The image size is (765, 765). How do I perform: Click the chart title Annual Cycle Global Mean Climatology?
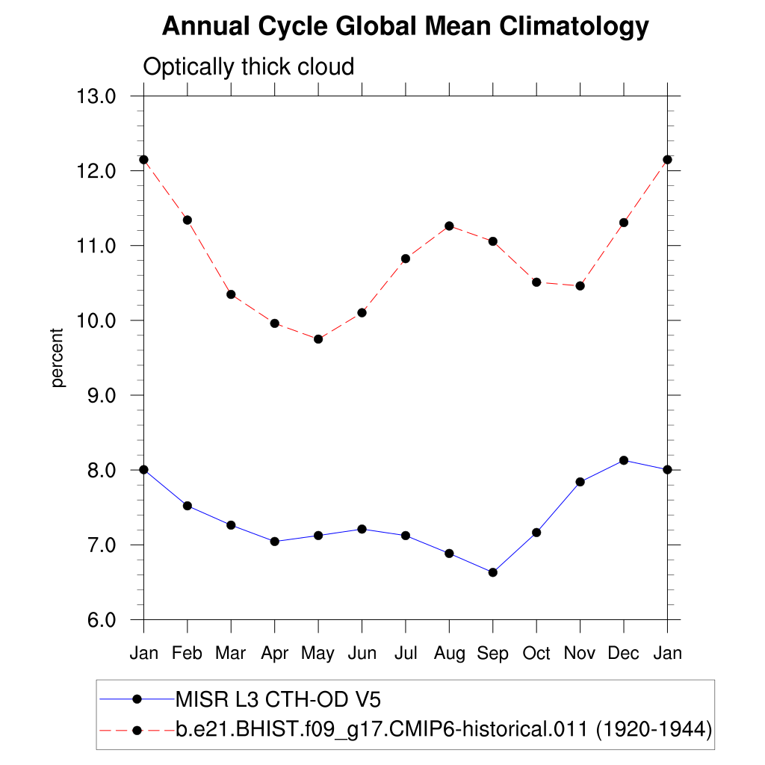[x=405, y=27]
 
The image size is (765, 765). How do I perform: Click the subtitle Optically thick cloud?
[x=248, y=67]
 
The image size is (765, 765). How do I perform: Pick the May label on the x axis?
[x=318, y=654]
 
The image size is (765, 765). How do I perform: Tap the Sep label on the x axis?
[x=492, y=654]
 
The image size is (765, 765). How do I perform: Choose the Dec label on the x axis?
[x=623, y=654]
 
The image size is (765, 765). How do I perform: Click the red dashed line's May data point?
[x=318, y=339]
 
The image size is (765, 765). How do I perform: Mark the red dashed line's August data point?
[x=449, y=226]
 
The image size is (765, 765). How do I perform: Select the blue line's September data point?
[x=492, y=572]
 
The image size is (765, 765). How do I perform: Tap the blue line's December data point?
[x=624, y=460]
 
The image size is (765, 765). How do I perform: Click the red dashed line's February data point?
[x=188, y=220]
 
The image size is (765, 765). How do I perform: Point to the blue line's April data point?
[x=275, y=542]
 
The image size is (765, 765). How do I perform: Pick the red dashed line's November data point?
[x=580, y=286]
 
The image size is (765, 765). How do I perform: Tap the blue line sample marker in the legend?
[x=137, y=699]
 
